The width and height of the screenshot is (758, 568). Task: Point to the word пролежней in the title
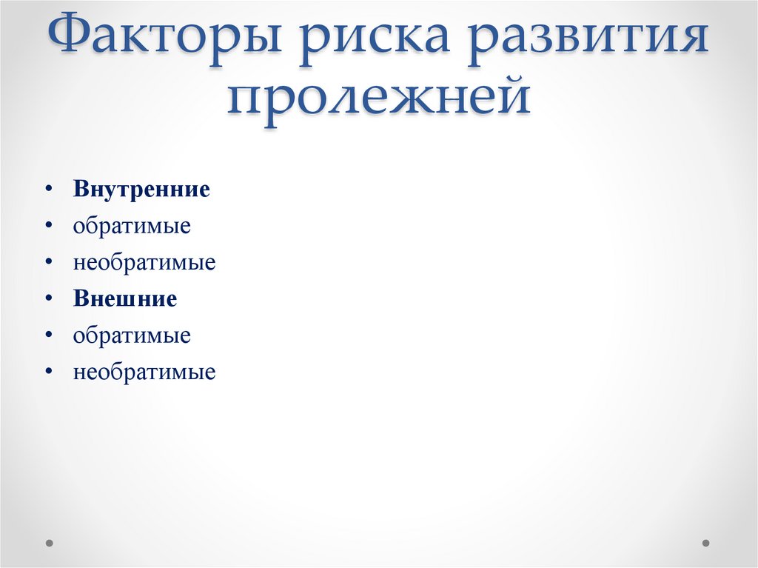point(378,98)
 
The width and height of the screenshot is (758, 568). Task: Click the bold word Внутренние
point(141,190)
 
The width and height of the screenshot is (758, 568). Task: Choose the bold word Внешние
point(124,299)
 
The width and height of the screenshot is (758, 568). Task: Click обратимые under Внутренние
point(132,226)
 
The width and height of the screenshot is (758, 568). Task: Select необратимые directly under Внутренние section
point(144,262)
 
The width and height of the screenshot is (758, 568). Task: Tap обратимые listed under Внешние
point(132,335)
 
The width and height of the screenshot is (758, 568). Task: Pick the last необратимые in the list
point(144,372)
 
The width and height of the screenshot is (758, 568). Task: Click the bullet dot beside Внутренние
point(47,190)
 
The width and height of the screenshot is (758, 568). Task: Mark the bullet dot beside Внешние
point(47,299)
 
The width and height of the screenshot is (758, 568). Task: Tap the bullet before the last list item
point(47,372)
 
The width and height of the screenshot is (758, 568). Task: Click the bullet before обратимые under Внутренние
point(47,226)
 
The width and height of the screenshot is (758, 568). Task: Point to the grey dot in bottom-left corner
point(50,542)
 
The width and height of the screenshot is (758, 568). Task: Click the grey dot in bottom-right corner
point(706,542)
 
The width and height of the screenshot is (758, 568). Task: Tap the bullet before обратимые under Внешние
point(47,335)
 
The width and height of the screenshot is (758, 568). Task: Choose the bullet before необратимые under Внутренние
point(47,262)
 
